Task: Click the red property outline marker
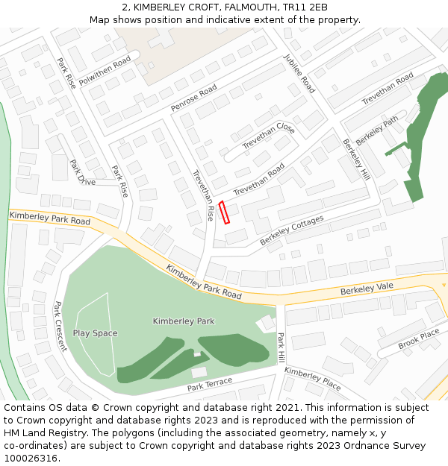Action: tap(225, 212)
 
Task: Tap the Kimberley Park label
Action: tap(184, 321)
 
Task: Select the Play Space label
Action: tap(95, 333)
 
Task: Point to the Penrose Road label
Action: tap(193, 98)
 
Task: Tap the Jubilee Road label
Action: tap(299, 73)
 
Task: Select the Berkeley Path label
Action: tap(377, 130)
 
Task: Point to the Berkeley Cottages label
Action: tap(292, 231)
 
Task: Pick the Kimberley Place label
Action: tap(312, 379)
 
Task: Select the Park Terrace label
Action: tap(210, 384)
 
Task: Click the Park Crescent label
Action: tap(60, 327)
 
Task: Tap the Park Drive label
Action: tap(82, 172)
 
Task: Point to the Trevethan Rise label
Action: tap(203, 195)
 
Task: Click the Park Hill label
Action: tap(281, 348)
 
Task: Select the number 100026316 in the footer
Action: tap(31, 458)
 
